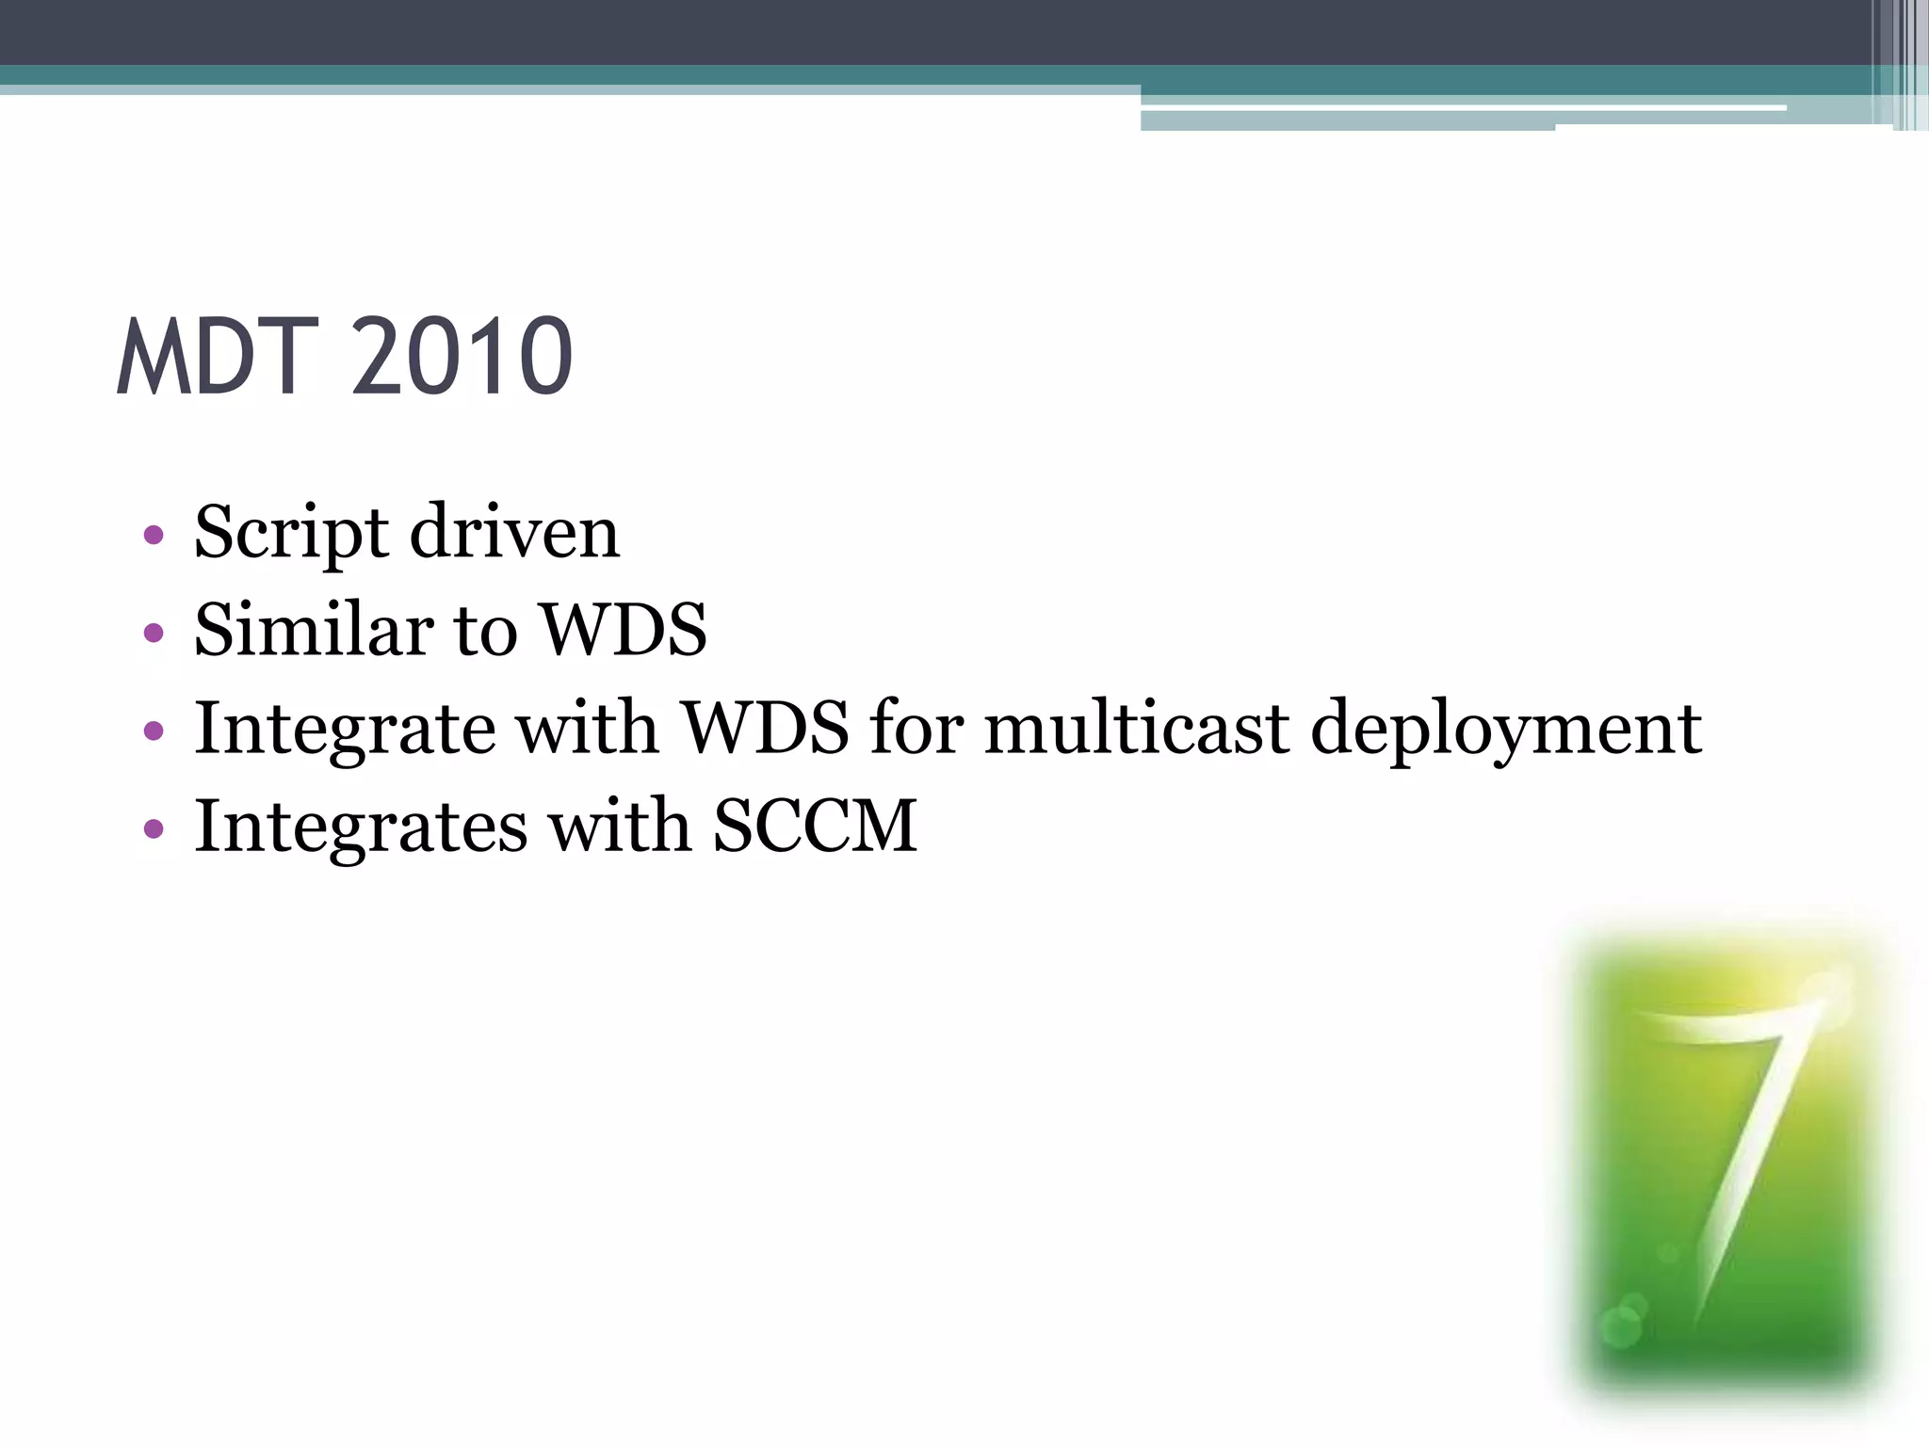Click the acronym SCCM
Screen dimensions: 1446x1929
815,826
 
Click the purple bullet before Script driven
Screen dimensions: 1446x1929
154,537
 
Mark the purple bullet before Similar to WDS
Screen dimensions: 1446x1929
154,633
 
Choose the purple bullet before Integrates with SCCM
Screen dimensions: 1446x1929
154,829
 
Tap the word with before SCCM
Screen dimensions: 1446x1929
620,826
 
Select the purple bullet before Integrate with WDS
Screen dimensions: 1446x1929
154,731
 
